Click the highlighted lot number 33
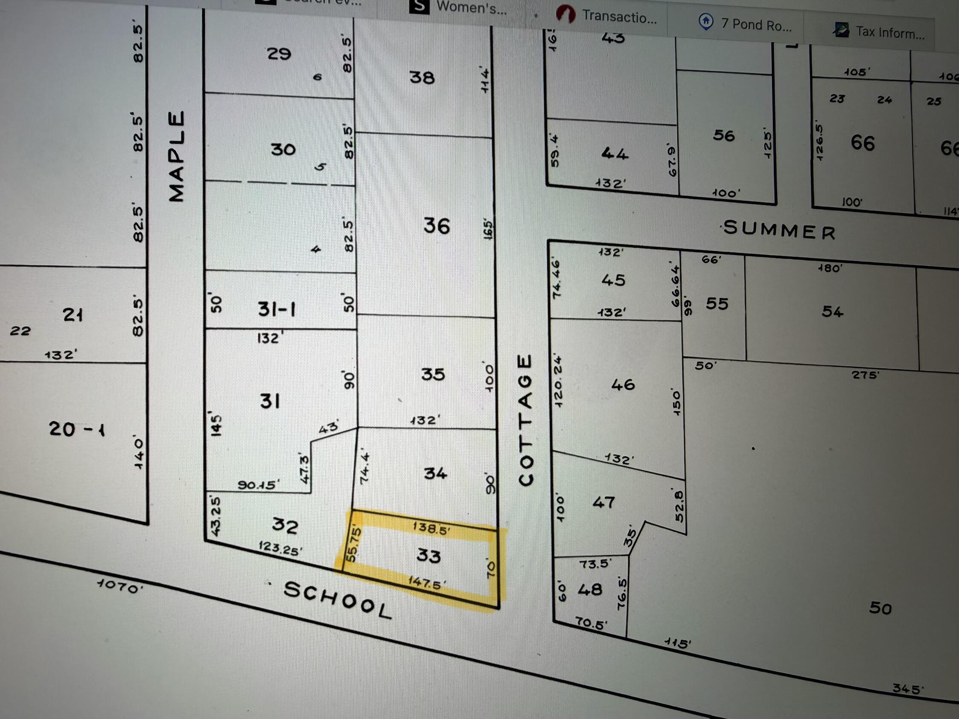[428, 555]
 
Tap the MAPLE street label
[176, 157]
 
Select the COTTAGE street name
[525, 420]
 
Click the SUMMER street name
[779, 230]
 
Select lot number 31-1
[277, 309]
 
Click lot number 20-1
[77, 429]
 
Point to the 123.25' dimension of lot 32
[280, 548]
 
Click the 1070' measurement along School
[120, 586]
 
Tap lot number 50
[880, 608]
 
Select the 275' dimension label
[866, 375]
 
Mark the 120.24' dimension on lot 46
[558, 381]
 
